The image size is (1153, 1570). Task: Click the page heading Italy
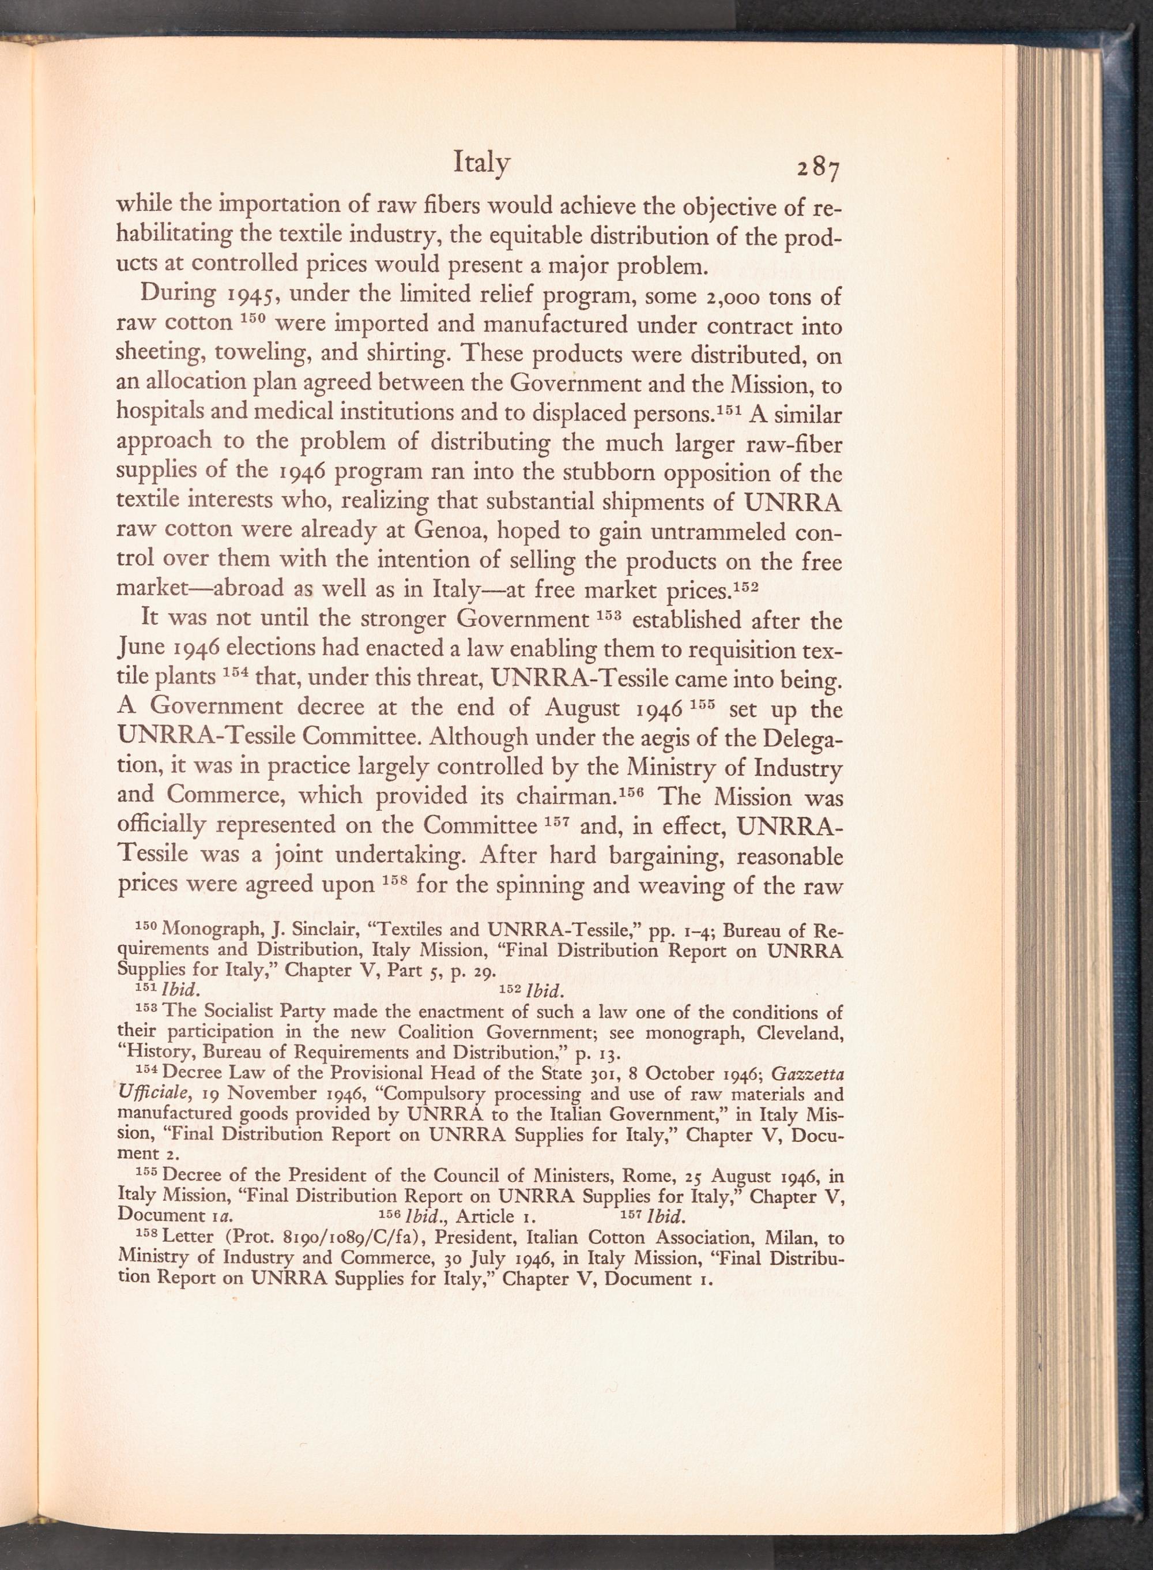click(x=481, y=163)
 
